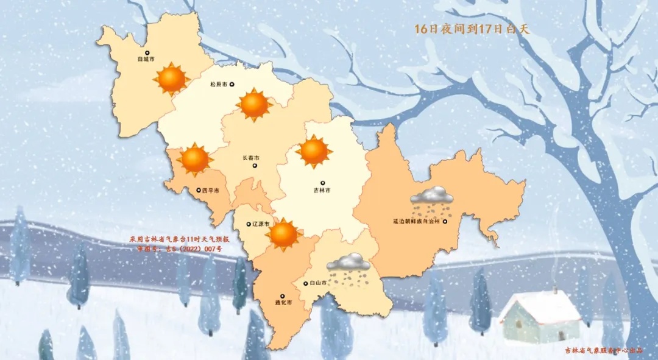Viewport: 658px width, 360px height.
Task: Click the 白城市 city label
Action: point(146,59)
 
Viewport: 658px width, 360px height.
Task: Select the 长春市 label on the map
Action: point(250,157)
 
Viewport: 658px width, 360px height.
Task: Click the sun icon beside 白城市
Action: point(172,78)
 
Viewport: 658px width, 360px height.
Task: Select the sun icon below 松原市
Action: point(254,104)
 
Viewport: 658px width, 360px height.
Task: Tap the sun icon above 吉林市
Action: point(314,151)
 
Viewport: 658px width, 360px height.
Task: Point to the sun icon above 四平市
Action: point(195,159)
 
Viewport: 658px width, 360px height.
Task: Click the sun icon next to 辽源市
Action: point(284,235)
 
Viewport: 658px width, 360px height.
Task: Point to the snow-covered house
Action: point(540,316)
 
